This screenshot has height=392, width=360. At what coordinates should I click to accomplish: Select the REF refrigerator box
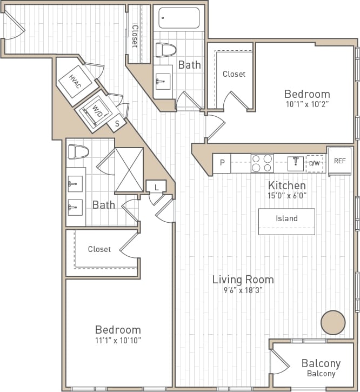click(339, 161)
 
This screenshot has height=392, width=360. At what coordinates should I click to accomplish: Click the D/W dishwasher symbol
click(315, 163)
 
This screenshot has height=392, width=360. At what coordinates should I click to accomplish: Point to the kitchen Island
click(286, 219)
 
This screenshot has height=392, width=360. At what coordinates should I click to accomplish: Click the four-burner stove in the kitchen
click(262, 163)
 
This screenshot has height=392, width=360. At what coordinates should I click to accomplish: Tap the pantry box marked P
click(222, 163)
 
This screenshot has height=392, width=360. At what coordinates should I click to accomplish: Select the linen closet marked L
click(156, 187)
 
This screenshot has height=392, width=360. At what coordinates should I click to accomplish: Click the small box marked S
click(117, 124)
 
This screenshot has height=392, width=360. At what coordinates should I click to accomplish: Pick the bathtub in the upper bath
click(178, 18)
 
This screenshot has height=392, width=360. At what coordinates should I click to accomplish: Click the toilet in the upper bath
click(166, 50)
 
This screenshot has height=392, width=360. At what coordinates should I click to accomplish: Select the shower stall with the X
click(129, 170)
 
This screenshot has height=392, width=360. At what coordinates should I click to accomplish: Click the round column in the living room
click(333, 323)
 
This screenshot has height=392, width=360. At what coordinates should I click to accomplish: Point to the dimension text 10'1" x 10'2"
click(307, 104)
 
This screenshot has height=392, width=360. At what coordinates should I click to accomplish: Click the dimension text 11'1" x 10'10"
click(118, 341)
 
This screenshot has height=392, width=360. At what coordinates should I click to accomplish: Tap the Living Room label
click(243, 280)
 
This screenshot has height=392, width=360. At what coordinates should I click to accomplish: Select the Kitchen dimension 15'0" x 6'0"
click(286, 196)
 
